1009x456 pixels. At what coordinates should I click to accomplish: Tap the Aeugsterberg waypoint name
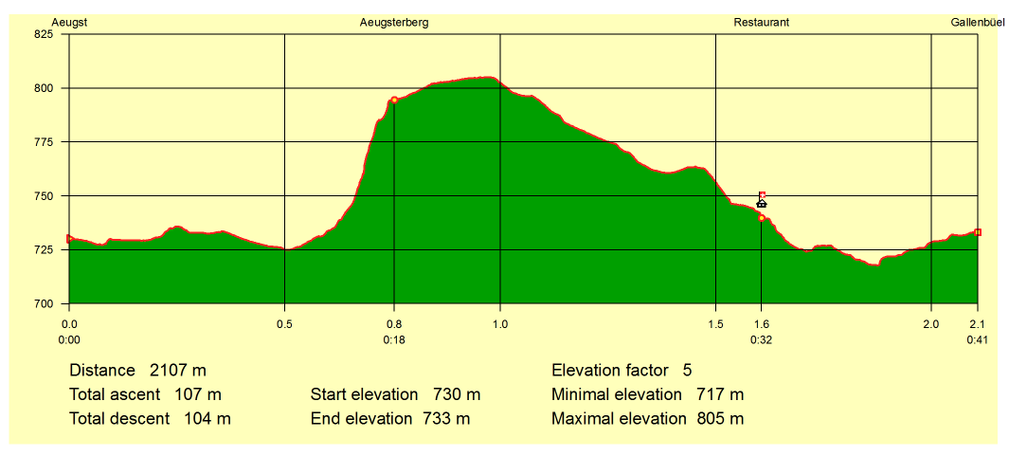pos(394,23)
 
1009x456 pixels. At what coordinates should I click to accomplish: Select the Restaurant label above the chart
pos(762,23)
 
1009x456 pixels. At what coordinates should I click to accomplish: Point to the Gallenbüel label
pos(978,23)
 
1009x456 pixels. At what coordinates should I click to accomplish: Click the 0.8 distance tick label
pos(394,324)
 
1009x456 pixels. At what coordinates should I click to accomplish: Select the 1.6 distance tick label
pos(762,324)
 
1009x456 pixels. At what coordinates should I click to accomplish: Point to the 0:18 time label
pos(394,340)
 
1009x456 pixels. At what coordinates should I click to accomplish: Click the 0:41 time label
pos(978,340)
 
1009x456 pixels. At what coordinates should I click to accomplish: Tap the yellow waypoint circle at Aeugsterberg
pos(394,100)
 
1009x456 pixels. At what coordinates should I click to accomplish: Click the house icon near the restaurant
pos(762,203)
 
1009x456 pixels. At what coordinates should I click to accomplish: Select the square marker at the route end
pos(978,232)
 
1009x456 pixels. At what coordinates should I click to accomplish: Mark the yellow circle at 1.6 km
pos(762,218)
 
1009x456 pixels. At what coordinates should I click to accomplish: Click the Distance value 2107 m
pos(178,371)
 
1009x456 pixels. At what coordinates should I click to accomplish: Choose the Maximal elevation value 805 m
pos(720,419)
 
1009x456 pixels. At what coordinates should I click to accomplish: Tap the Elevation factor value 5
pos(687,371)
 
